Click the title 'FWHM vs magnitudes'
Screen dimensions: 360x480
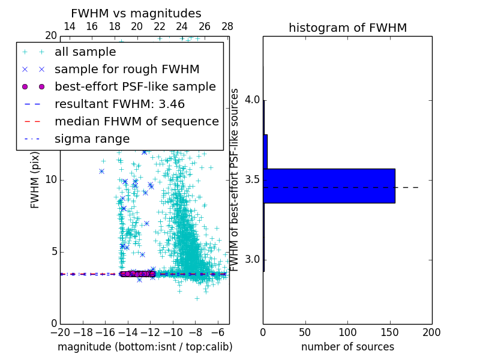[136, 13]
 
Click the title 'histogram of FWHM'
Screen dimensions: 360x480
[347, 28]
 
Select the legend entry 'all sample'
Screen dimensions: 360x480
[85, 52]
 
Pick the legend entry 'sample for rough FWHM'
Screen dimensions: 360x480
[127, 70]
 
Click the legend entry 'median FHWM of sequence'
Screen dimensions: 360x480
[136, 121]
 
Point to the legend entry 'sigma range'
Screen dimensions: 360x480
[92, 139]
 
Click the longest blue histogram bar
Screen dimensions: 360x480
[329, 186]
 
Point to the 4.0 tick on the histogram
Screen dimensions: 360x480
[251, 100]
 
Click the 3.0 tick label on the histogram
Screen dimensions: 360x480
[251, 260]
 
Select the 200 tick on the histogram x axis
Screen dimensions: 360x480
[431, 331]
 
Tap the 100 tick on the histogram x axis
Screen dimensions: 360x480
[347, 331]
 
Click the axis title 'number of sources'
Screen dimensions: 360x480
[347, 347]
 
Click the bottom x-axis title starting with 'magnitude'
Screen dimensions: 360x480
[145, 347]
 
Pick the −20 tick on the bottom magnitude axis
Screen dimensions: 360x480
[60, 331]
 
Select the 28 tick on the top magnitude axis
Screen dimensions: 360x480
[227, 26]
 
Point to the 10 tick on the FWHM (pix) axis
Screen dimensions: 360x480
[51, 180]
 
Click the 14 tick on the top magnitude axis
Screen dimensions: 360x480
[70, 26]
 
